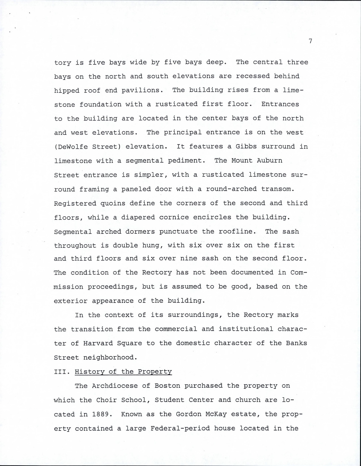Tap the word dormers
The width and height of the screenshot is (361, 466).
pyautogui.click(x=143, y=231)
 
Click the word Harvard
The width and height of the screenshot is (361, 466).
pyautogui.click(x=96, y=343)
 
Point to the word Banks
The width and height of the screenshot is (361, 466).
pyautogui.click(x=297, y=343)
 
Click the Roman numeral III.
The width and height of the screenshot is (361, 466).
pyautogui.click(x=61, y=372)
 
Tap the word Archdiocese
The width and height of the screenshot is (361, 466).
pyautogui.click(x=117, y=386)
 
